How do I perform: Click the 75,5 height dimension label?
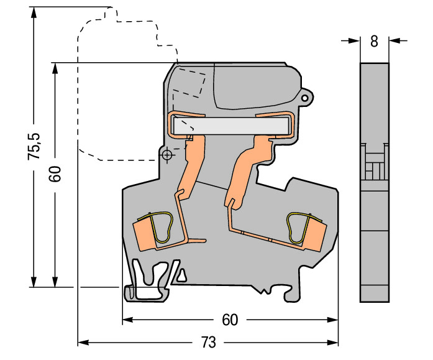coord(34,146)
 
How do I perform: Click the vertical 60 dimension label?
coord(55,174)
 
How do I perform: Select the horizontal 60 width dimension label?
coord(230,320)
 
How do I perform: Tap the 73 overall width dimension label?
coord(208,343)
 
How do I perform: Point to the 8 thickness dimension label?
coord(374,42)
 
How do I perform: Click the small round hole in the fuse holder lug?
coord(304,98)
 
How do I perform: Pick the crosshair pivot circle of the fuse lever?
coord(166,155)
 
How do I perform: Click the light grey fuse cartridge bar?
coord(231,126)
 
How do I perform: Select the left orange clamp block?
coord(144,234)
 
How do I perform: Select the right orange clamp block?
coord(316,234)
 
